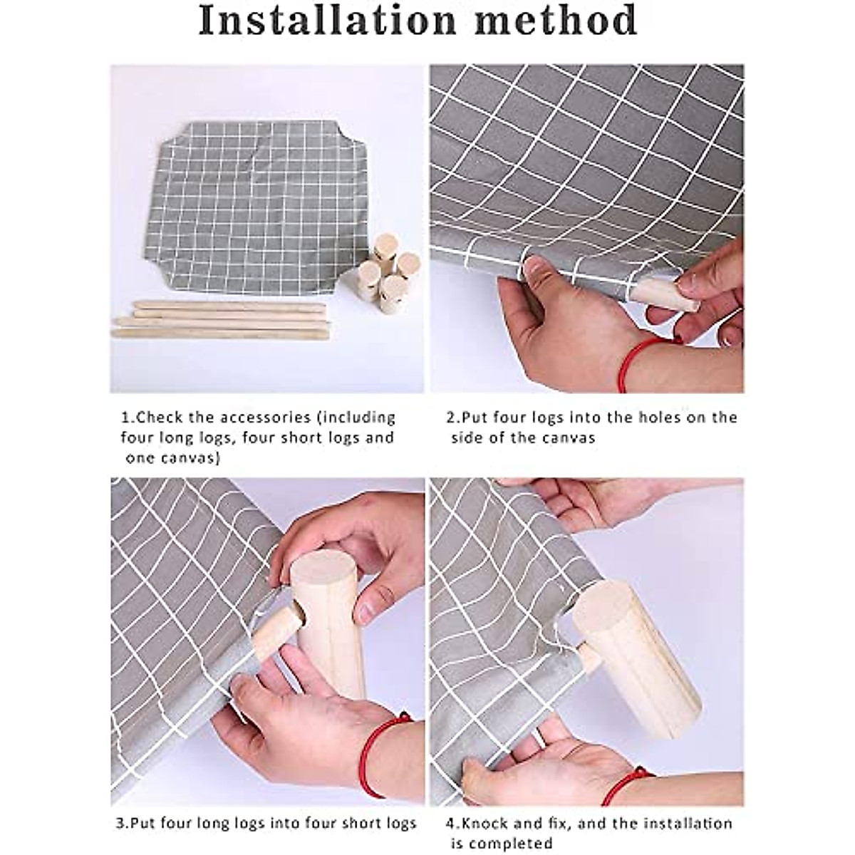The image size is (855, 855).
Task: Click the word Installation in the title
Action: [328, 21]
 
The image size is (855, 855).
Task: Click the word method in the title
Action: [556, 21]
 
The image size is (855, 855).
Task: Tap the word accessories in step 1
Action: [265, 418]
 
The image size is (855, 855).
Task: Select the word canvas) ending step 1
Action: [173, 458]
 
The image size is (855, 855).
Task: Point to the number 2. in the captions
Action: [453, 418]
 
